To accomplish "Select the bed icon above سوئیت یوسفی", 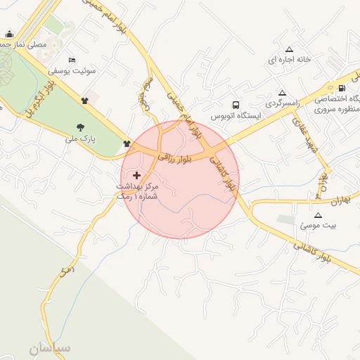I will coord(71,60).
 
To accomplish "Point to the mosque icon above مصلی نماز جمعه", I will coord(9,34).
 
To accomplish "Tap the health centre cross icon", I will coord(136,174).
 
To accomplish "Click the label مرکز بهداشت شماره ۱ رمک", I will coord(138,191).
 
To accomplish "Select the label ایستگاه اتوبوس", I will coord(236,114).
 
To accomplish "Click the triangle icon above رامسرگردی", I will coord(282,92).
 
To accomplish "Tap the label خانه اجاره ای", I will coord(288,60).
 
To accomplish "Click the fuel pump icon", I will coord(342,88).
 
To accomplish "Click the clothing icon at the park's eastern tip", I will coord(127,144).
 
